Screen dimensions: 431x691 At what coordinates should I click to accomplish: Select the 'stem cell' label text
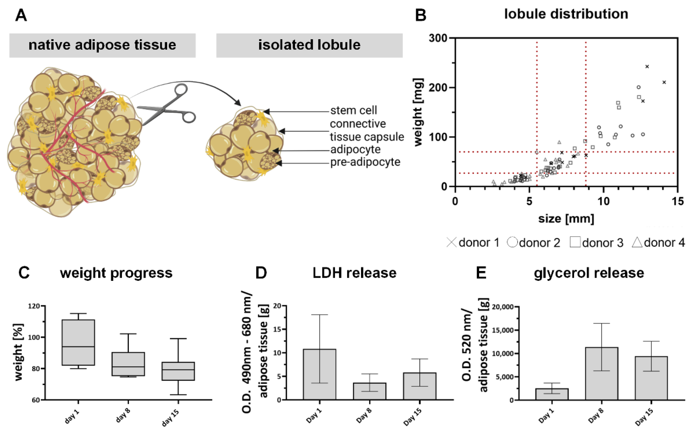click(x=353, y=110)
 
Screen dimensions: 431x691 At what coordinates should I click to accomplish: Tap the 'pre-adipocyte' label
click(x=365, y=162)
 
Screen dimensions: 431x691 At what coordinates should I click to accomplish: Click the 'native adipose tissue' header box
click(x=102, y=45)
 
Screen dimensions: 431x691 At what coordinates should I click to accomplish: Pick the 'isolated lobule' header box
click(x=309, y=45)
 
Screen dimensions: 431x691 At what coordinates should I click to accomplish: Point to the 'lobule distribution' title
click(x=566, y=14)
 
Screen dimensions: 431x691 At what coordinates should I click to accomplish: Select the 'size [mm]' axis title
click(x=566, y=219)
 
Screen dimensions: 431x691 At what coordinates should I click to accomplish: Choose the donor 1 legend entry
click(x=473, y=243)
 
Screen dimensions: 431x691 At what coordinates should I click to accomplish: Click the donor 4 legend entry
click(x=658, y=243)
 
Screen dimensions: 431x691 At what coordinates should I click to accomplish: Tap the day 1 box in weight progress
click(x=78, y=342)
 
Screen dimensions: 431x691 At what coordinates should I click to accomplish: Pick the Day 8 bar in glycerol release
click(x=602, y=373)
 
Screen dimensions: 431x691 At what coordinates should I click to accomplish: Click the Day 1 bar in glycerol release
click(x=552, y=394)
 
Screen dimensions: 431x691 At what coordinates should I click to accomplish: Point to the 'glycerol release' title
click(x=589, y=273)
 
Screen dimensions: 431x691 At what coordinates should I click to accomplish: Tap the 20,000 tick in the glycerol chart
click(x=503, y=307)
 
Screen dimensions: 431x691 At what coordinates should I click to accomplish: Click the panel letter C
click(x=24, y=273)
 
